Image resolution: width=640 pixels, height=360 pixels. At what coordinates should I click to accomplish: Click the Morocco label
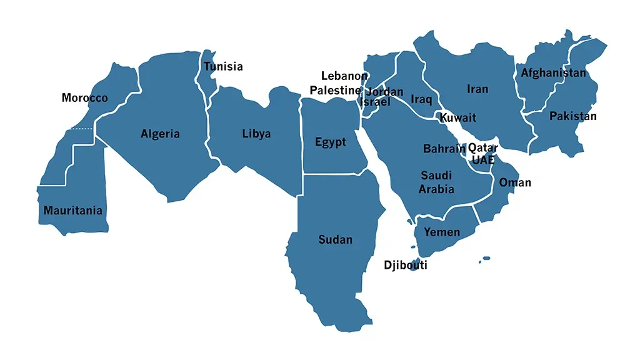[x=84, y=98]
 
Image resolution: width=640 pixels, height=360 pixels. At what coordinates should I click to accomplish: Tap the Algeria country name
[x=160, y=134]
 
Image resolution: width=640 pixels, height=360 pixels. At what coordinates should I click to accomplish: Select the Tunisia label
[x=223, y=67]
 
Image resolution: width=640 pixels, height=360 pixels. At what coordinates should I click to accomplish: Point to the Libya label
[x=256, y=134]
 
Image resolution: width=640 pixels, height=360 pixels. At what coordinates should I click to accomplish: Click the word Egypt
[x=331, y=142]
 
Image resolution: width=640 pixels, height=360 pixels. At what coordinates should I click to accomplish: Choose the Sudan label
[x=335, y=239]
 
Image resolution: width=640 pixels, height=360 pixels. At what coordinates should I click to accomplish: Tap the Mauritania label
[x=72, y=211]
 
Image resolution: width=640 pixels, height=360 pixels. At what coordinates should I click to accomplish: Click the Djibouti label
[x=406, y=265]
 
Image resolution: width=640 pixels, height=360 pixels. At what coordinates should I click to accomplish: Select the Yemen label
[x=442, y=232]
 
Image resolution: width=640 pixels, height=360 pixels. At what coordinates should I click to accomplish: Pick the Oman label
[x=515, y=182]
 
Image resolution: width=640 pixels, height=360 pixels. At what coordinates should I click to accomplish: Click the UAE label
[x=482, y=160]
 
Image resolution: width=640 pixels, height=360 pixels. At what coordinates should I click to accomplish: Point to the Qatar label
[x=483, y=148]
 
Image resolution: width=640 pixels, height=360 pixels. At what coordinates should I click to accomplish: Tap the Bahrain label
[x=444, y=149]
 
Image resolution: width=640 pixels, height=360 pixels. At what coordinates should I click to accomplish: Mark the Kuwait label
[x=457, y=117]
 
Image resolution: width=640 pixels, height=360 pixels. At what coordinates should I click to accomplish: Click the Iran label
[x=477, y=89]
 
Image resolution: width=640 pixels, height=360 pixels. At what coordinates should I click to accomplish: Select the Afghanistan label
[x=554, y=73]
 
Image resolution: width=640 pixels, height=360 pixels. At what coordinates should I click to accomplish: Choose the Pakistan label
[x=572, y=116]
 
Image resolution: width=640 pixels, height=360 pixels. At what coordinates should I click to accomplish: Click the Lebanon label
[x=344, y=76]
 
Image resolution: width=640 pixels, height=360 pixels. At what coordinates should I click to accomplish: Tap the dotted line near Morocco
[x=81, y=129]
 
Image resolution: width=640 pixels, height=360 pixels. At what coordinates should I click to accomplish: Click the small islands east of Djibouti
[x=485, y=259]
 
